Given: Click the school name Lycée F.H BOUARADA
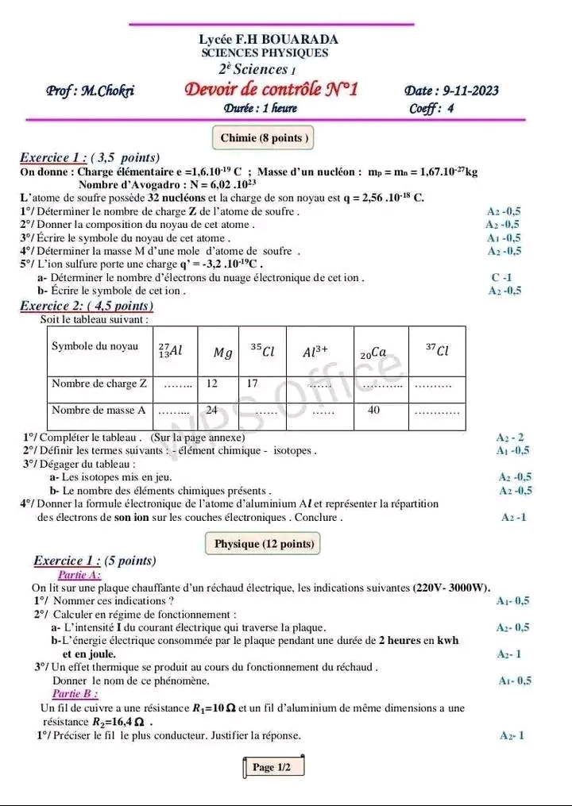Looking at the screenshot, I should tap(269, 39).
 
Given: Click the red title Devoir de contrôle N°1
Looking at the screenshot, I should tap(271, 89).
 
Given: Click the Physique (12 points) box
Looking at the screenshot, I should tap(265, 544).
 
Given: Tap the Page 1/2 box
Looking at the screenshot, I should tap(272, 767).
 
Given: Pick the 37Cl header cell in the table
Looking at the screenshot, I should tap(438, 350).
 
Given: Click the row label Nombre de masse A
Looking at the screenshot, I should tap(99, 411).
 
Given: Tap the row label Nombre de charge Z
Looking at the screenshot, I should tap(99, 384).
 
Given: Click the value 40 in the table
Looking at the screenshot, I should tap(374, 411).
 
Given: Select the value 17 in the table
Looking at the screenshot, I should tap(253, 384).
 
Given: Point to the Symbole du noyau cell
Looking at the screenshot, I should tap(94, 346).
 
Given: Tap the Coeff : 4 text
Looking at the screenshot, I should tap(431, 109).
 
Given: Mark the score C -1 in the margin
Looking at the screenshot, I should tap(501, 278).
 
